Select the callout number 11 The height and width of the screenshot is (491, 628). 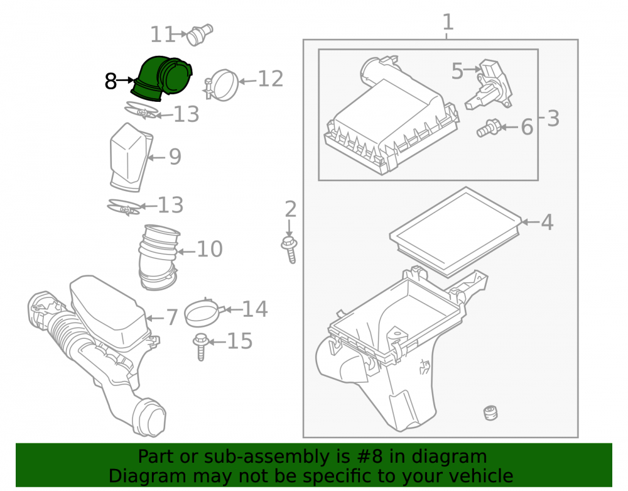coord(162,35)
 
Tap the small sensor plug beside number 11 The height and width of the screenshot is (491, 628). coord(200,35)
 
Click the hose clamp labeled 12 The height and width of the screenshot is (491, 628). coord(222,85)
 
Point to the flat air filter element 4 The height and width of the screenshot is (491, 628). coord(456,233)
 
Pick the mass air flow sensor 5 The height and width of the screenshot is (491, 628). coord(489,86)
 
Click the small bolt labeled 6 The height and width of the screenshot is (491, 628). coord(489,128)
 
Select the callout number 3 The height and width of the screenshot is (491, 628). coord(553,119)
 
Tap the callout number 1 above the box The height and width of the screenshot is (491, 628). coord(448,22)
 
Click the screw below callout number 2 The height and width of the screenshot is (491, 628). coord(290,250)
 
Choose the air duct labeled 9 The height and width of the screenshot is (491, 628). coord(130,158)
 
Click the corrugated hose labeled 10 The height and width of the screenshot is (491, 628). coord(159,257)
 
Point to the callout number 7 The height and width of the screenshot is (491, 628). coord(172,317)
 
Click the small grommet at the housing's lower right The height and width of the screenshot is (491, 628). coord(490,413)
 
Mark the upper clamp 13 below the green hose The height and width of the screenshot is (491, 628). coord(141,111)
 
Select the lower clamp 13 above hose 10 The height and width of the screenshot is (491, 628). coord(124,207)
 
